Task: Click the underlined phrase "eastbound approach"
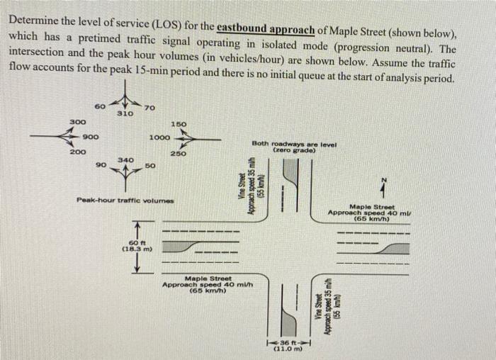266,29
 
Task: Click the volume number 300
78,122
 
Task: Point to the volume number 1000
159,137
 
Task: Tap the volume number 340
125,161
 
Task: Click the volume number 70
148,107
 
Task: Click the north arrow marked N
383,186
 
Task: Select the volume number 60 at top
100,107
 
